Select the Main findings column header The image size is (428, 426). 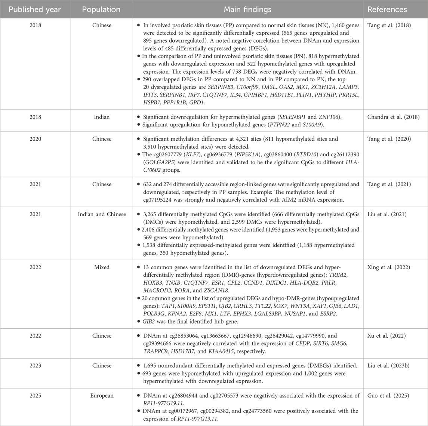coord(247,9)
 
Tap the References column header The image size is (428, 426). coord(395,9)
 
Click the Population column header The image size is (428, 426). coord(101,9)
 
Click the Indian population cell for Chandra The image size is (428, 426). coord(101,117)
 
